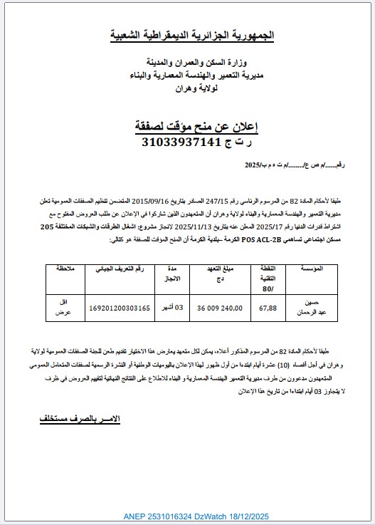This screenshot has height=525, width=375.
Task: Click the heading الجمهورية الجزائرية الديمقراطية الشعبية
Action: point(194,34)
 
